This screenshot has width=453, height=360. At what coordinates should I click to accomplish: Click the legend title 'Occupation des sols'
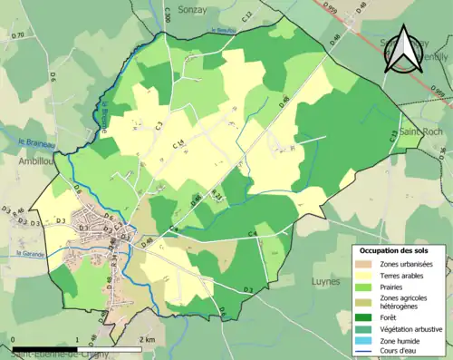pos(399,250)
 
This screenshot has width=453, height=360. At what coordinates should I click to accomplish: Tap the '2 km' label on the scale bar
pos(149,339)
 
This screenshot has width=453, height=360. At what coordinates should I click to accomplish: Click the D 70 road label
pos(17,35)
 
